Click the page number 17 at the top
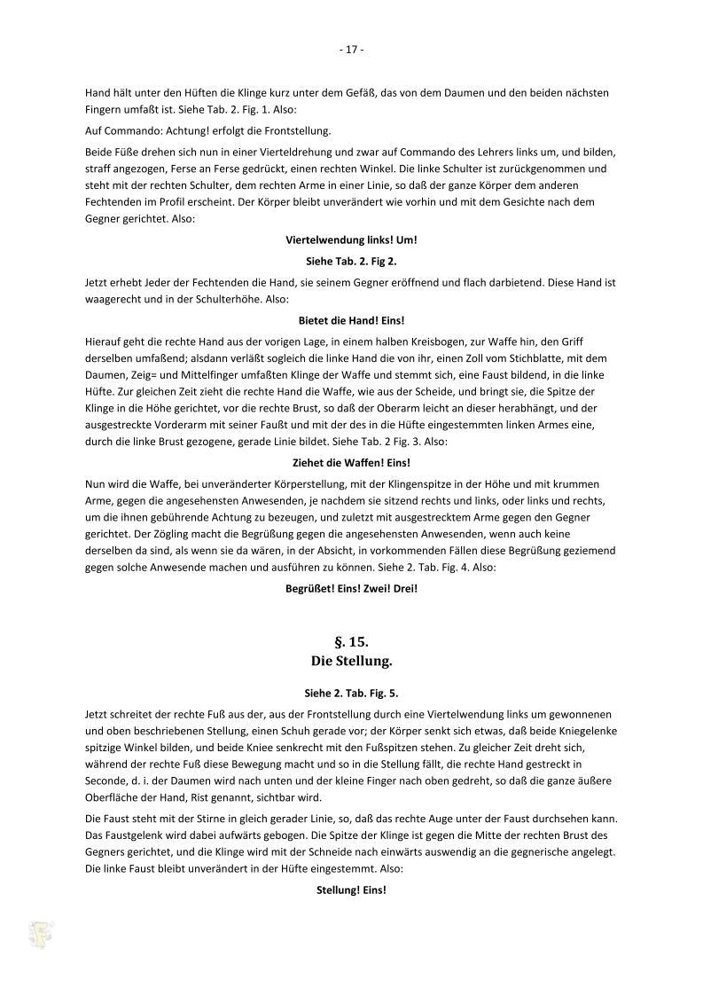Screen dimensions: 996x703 (351, 50)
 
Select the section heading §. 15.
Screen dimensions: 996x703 (351, 641)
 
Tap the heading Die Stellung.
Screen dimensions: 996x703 (351, 661)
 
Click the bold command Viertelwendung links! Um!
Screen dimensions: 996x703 (351, 239)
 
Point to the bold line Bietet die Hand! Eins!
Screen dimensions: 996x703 (351, 319)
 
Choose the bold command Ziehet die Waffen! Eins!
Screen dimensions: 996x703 (351, 462)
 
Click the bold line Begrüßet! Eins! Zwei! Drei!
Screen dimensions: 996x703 (351, 588)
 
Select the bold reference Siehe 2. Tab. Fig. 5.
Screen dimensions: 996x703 (351, 694)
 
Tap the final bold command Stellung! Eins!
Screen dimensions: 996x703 (351, 890)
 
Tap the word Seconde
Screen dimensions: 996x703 (107, 780)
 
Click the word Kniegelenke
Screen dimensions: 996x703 (581, 731)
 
